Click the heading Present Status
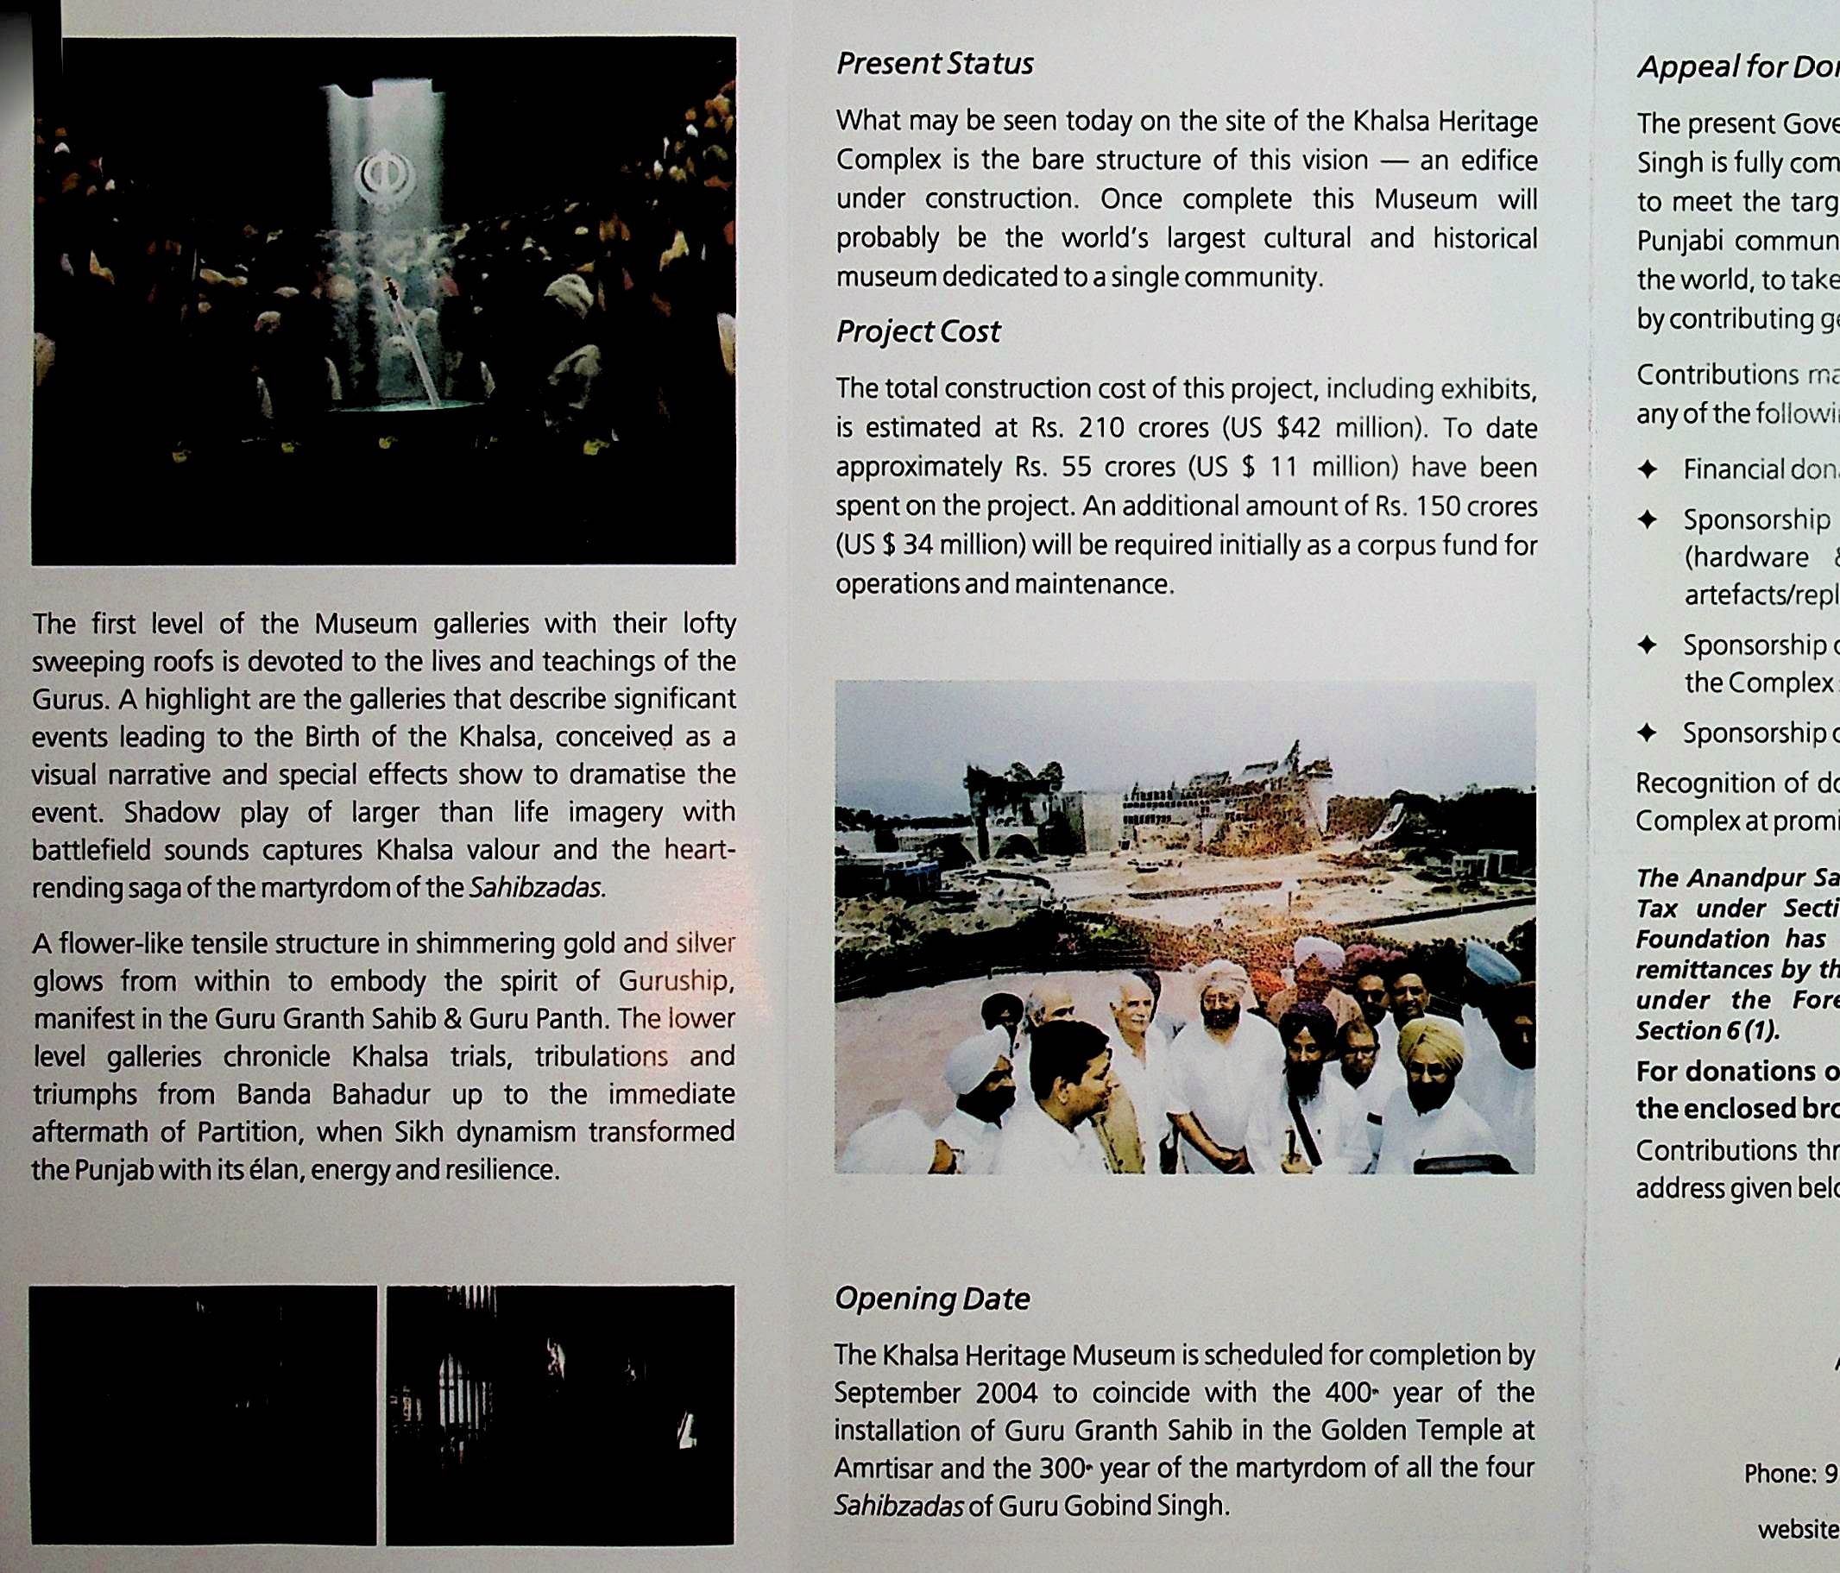pos(934,64)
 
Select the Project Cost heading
pos(917,332)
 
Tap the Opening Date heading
pos(931,1299)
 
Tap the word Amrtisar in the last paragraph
pos(881,1469)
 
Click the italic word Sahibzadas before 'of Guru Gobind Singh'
pos(898,1507)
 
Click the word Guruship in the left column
pos(675,981)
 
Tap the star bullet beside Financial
pos(1648,469)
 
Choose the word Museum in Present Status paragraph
pos(1424,199)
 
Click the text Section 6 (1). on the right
pos(1708,1030)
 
